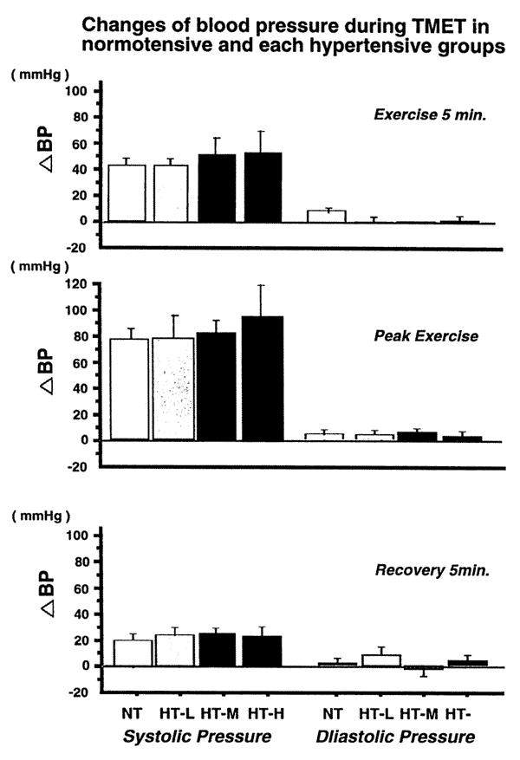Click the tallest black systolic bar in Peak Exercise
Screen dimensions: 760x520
(263, 379)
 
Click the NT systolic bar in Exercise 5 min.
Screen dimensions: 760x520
(127, 192)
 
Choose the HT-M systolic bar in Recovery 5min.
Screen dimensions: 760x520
(218, 649)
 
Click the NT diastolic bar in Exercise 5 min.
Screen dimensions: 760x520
(332, 216)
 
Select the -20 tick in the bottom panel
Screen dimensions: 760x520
(82, 692)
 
